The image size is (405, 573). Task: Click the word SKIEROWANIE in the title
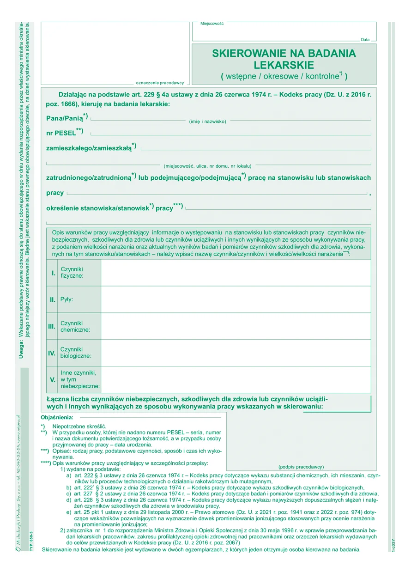246,53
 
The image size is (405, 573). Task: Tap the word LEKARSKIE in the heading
284,65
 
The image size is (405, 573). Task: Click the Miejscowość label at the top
212,23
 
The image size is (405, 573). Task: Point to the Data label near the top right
365,40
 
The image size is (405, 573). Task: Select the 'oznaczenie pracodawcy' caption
160,83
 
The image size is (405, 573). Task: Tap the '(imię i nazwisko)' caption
208,122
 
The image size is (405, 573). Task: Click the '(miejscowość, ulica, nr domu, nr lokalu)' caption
207,165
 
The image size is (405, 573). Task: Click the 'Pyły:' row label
67,299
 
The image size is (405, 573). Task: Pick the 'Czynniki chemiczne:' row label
75,327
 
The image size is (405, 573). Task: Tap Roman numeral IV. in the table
52,353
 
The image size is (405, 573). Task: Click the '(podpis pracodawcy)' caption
301,467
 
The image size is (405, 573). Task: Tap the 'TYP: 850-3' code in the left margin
31,536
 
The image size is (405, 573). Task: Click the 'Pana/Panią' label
65,118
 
